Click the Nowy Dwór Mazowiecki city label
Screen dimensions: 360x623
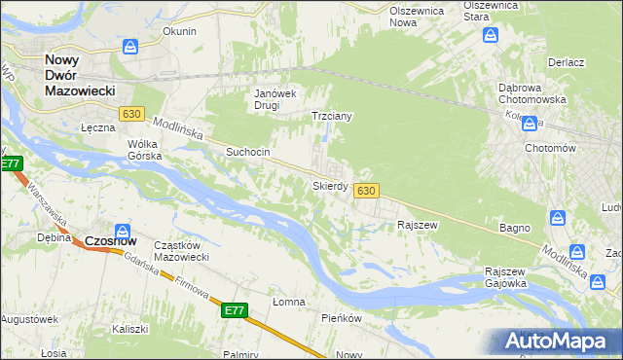[80, 75]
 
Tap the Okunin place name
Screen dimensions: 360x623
[179, 31]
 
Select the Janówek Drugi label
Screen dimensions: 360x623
[275, 99]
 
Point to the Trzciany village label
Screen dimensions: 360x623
[331, 116]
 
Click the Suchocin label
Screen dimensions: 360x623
[247, 153]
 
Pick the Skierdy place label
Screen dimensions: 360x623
[330, 185]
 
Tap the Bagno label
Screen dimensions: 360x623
[515, 228]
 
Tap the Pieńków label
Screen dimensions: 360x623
[342, 318]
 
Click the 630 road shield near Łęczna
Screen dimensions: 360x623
[132, 115]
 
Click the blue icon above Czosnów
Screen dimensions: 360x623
[124, 223]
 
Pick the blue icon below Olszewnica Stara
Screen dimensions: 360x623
[492, 36]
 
